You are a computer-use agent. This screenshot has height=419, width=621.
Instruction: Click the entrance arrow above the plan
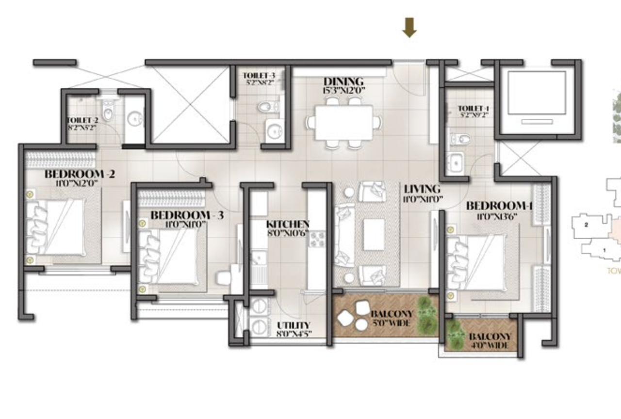point(409,28)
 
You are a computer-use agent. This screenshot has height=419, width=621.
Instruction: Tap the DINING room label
point(343,81)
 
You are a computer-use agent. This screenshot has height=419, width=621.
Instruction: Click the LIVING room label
point(422,189)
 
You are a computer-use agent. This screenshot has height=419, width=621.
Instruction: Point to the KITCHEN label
point(288,225)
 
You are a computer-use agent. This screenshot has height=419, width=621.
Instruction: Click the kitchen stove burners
point(317,239)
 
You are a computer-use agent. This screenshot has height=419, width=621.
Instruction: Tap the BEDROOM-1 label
point(499,206)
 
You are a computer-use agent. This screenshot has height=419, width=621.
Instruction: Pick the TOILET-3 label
point(259,76)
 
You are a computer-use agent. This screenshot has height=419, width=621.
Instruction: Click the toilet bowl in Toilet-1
point(460,140)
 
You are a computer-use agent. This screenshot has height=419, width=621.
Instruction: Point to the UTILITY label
point(294,325)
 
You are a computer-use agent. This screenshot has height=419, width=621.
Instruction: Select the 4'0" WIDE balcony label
point(489,345)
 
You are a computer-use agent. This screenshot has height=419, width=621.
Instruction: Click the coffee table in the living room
point(374,235)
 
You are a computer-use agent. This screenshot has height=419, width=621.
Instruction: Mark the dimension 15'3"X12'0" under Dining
point(343,90)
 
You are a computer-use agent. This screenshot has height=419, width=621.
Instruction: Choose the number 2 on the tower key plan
point(587,225)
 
